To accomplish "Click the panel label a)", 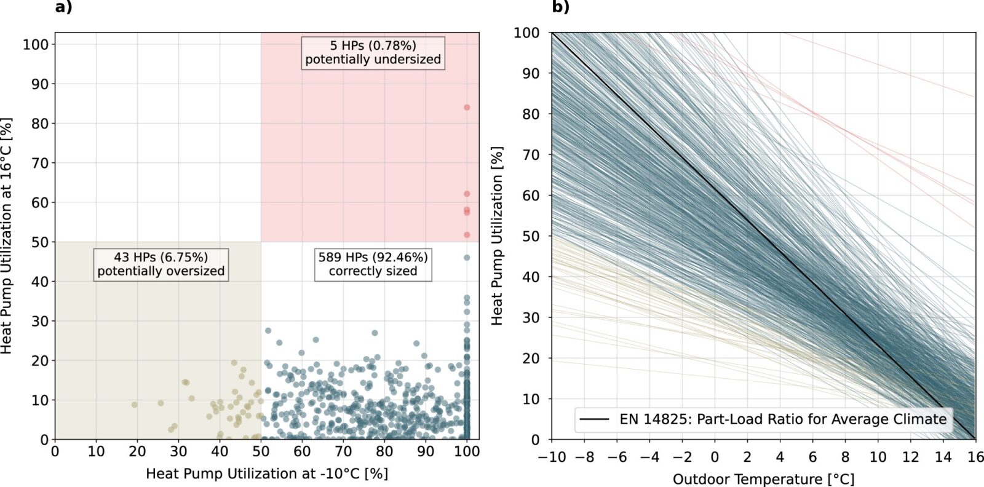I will pyautogui.click(x=63, y=7).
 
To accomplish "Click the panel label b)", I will pyautogui.click(x=560, y=7).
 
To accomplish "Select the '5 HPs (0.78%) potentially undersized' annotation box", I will pyautogui.click(x=373, y=52).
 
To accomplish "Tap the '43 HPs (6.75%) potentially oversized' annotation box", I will pyautogui.click(x=161, y=264).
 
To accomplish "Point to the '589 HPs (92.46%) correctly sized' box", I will pyautogui.click(x=373, y=264).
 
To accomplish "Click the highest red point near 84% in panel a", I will pyautogui.click(x=467, y=108).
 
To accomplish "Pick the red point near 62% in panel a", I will pyautogui.click(x=467, y=194).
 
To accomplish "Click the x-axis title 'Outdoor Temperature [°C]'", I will pyautogui.click(x=763, y=478).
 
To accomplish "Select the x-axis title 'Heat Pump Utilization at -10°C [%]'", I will pyautogui.click(x=267, y=473).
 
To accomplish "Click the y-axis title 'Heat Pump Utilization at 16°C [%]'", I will pyautogui.click(x=7, y=236).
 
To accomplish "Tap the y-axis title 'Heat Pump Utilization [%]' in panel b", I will pyautogui.click(x=497, y=236).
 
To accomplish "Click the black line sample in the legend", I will pyautogui.click(x=595, y=419).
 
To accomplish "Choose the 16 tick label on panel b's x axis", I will pyautogui.click(x=975, y=457).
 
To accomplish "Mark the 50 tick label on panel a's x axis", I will pyautogui.click(x=261, y=451).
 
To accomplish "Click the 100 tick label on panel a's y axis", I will pyautogui.click(x=36, y=44).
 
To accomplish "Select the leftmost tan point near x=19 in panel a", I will pyautogui.click(x=135, y=405).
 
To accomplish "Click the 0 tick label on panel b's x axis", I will pyautogui.click(x=715, y=457).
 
